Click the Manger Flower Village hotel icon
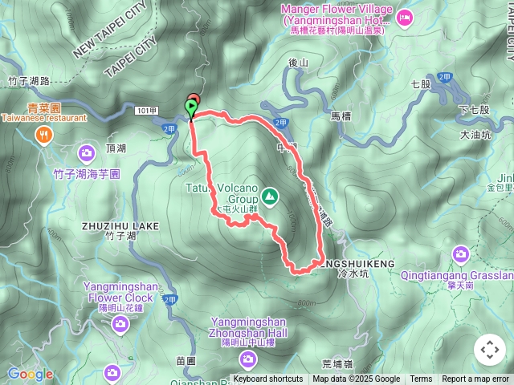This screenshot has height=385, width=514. [x=403, y=16]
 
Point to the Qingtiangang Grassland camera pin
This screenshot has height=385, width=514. [x=460, y=254]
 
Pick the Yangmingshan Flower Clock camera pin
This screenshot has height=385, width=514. [x=120, y=324]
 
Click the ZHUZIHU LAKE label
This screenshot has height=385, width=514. [x=120, y=226]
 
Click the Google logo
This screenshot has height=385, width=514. [x=31, y=374]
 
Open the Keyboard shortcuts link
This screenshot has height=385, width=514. [x=268, y=379]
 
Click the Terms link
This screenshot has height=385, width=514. [x=421, y=379]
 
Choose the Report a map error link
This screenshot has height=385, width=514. [x=476, y=379]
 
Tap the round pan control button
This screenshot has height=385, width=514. [x=489, y=350]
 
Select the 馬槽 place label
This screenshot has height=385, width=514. [x=341, y=116]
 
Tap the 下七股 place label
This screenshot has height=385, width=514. [x=475, y=109]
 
